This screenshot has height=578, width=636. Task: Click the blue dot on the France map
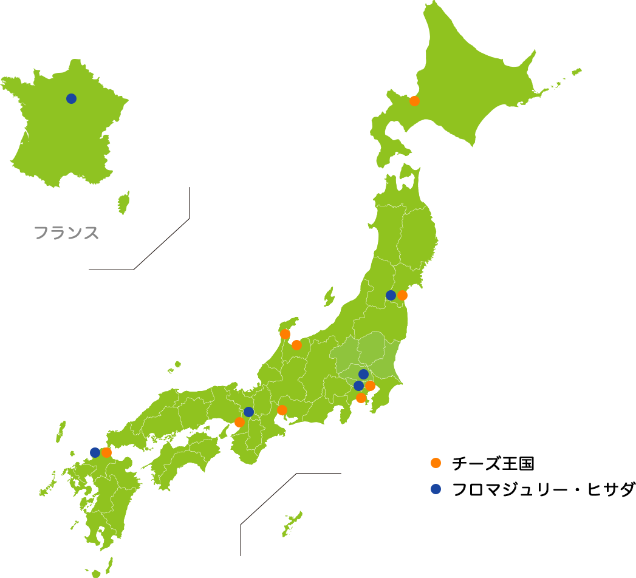pyautogui.click(x=71, y=98)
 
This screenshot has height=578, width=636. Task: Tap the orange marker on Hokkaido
pyautogui.click(x=414, y=101)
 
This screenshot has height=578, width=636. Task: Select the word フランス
pyautogui.click(x=66, y=233)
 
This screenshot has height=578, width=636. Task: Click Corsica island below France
pyautogui.click(x=124, y=203)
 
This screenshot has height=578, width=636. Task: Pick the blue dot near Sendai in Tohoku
pyautogui.click(x=391, y=296)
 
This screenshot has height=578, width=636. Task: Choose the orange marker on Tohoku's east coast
pyautogui.click(x=403, y=295)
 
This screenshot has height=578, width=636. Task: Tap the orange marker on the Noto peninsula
pyautogui.click(x=285, y=334)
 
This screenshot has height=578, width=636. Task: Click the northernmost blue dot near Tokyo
pyautogui.click(x=363, y=374)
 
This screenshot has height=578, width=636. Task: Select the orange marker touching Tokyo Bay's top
pyautogui.click(x=371, y=386)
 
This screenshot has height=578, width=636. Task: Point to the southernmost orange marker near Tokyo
pyautogui.click(x=361, y=398)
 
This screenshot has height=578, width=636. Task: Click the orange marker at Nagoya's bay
pyautogui.click(x=282, y=410)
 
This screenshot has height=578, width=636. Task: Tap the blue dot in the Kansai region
pyautogui.click(x=248, y=412)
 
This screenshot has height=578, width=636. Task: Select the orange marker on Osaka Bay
pyautogui.click(x=239, y=422)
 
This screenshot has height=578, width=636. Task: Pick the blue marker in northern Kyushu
pyautogui.click(x=95, y=452)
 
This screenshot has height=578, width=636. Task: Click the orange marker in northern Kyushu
pyautogui.click(x=107, y=452)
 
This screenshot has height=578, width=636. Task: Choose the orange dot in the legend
pyautogui.click(x=436, y=463)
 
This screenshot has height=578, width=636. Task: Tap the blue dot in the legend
pyautogui.click(x=436, y=489)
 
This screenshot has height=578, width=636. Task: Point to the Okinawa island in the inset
pyautogui.click(x=292, y=524)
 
